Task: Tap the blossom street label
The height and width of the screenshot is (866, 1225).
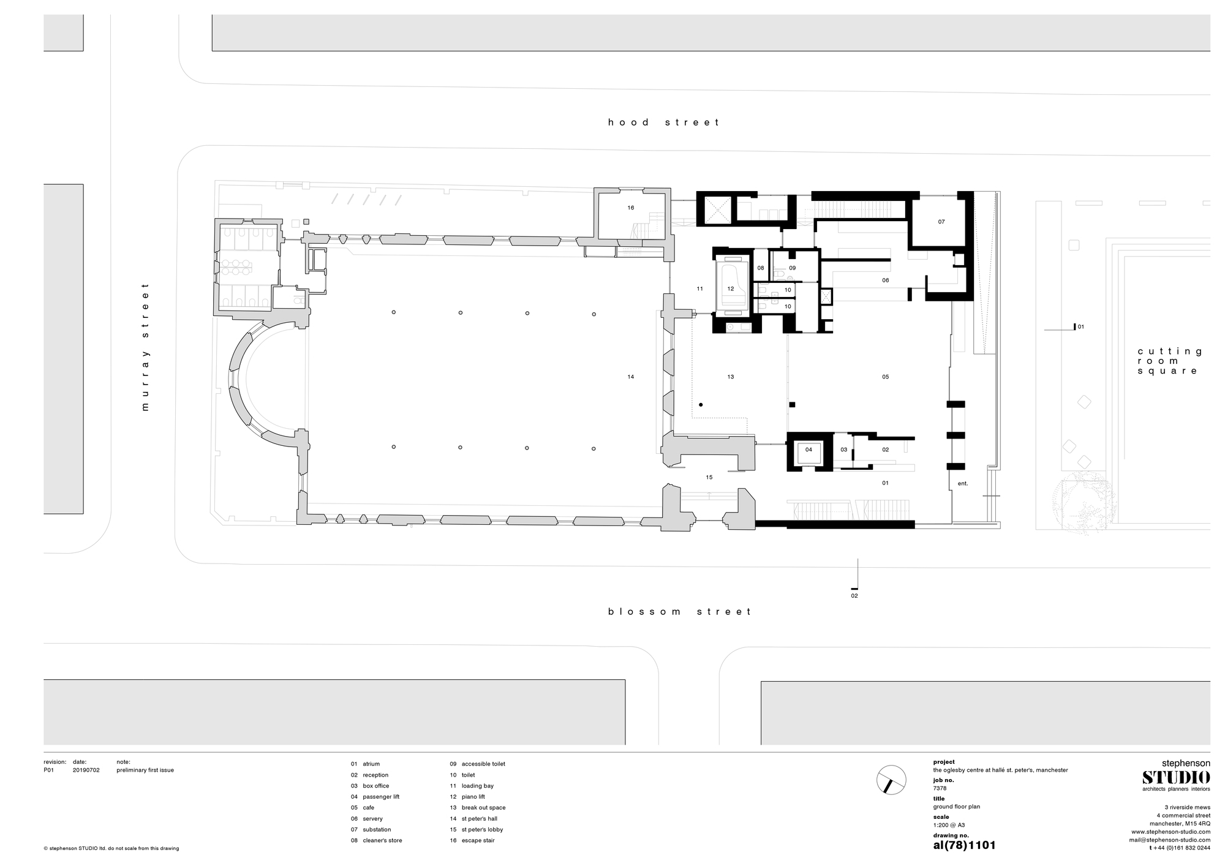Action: (x=679, y=611)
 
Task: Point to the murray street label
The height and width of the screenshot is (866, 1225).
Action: (x=145, y=347)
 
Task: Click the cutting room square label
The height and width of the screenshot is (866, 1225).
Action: (x=1170, y=361)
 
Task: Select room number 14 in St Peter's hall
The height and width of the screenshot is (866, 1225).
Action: (x=631, y=377)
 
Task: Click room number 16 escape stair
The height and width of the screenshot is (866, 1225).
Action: (x=631, y=208)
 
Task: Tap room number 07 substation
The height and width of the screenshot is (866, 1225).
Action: (x=941, y=222)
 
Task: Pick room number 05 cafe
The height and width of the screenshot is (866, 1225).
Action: (x=886, y=377)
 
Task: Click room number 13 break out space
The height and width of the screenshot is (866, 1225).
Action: (x=731, y=377)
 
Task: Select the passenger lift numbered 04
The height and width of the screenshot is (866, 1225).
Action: (x=809, y=450)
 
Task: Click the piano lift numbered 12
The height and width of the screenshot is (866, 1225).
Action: (x=731, y=288)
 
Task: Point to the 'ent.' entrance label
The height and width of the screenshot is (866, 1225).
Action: (x=963, y=483)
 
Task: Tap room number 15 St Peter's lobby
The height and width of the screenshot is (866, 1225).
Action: (x=709, y=477)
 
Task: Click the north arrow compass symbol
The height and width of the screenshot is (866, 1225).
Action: (x=891, y=780)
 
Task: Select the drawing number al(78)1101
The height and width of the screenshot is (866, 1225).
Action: (x=964, y=845)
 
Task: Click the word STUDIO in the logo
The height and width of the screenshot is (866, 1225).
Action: (x=1175, y=777)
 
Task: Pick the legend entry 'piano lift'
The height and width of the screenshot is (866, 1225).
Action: (x=474, y=797)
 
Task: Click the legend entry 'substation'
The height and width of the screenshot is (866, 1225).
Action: (x=377, y=829)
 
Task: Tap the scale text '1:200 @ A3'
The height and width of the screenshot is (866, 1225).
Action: (x=949, y=825)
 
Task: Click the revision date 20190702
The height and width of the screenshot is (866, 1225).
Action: (x=86, y=770)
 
